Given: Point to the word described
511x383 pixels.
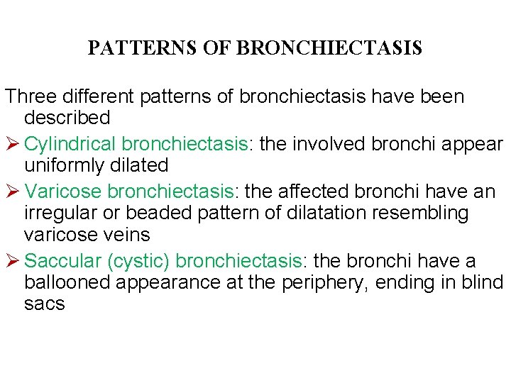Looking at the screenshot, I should (x=67, y=117).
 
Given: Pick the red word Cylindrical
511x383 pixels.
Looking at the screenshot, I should (x=70, y=143).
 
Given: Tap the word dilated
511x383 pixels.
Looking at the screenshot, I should (x=144, y=165).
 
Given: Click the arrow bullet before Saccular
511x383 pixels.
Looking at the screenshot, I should (x=11, y=260).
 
